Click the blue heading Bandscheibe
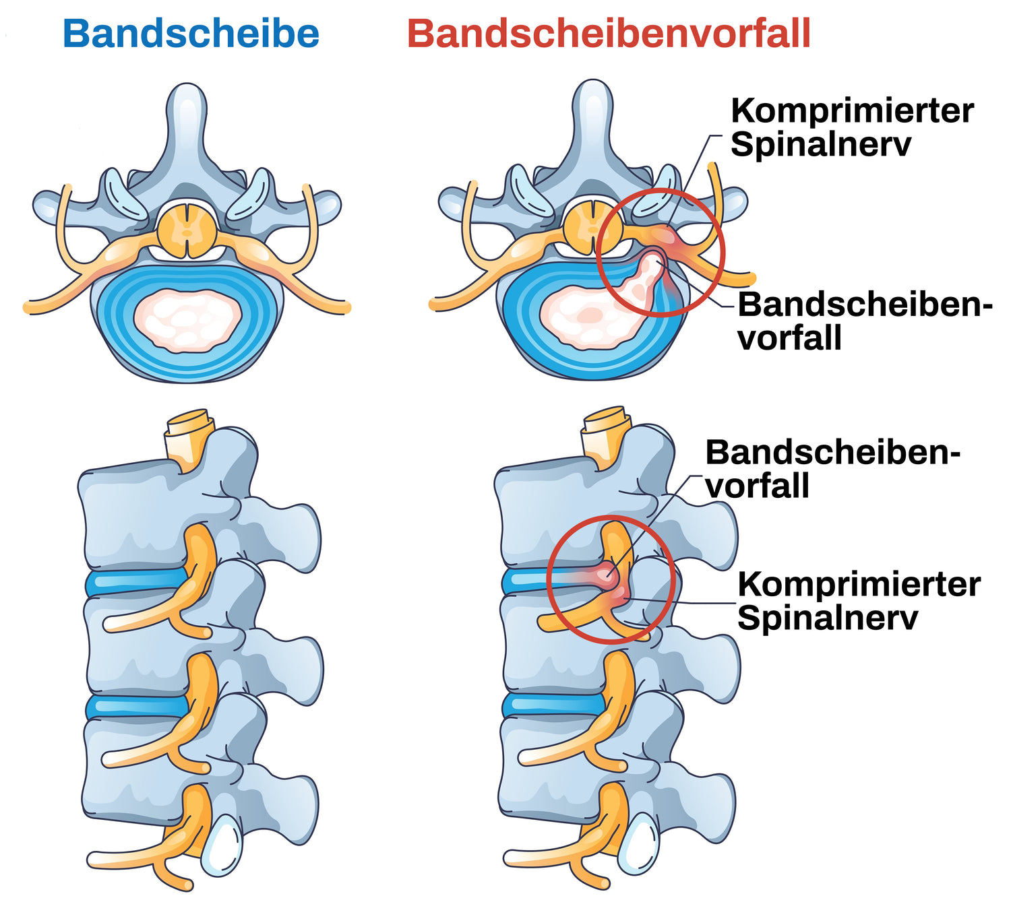point(191,34)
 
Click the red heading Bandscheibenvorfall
point(609,34)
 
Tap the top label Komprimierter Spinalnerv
point(852,127)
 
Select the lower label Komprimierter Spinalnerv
point(858,601)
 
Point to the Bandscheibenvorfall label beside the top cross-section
point(865,321)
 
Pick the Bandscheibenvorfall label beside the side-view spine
point(832,469)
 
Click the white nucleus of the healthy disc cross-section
point(187,321)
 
